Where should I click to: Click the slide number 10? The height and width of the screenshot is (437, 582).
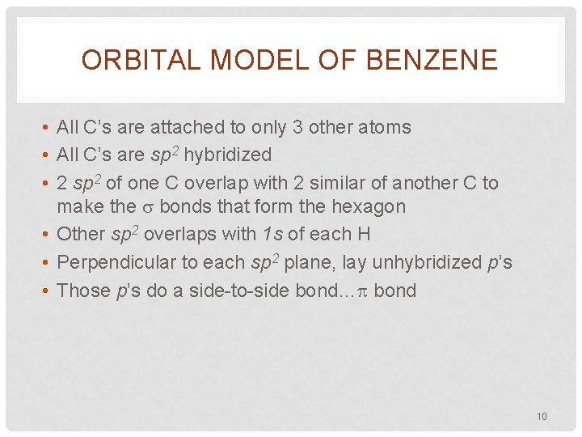(542, 417)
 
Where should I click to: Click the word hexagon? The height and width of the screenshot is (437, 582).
(367, 207)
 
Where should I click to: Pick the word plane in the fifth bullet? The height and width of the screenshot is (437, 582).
(310, 263)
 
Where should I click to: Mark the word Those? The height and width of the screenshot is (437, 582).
(80, 291)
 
